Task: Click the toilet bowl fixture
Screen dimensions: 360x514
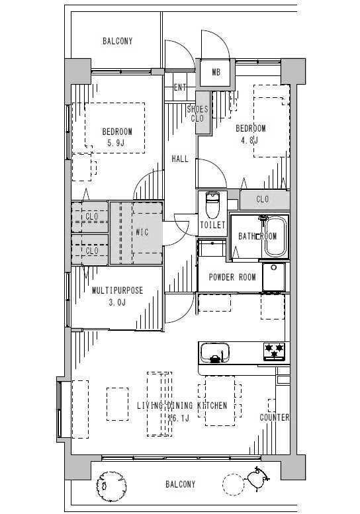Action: coord(212,205)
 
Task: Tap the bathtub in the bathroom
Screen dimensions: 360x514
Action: coord(276,236)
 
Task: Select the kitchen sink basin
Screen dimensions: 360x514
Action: coord(215,353)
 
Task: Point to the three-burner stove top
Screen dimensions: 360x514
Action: coord(275,351)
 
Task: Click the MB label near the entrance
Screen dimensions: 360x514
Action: coord(216,72)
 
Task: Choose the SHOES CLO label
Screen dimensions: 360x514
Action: coord(197,113)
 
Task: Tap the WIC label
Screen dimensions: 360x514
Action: coord(142,232)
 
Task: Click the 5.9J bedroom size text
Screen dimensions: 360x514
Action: coord(116,143)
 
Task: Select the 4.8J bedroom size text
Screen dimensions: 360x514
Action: coord(249,140)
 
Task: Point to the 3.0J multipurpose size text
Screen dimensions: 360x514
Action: coord(117,302)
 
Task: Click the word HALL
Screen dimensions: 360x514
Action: coord(180,159)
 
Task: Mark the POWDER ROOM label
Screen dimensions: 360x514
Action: coord(232,277)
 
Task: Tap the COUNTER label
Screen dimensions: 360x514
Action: coord(275,417)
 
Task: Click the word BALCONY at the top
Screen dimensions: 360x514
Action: coord(117,41)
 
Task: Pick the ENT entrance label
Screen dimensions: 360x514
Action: coord(180,87)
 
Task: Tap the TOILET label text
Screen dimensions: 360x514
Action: coord(213,225)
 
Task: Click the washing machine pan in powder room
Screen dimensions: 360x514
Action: coord(274,277)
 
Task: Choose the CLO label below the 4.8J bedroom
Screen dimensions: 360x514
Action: coord(262,199)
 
